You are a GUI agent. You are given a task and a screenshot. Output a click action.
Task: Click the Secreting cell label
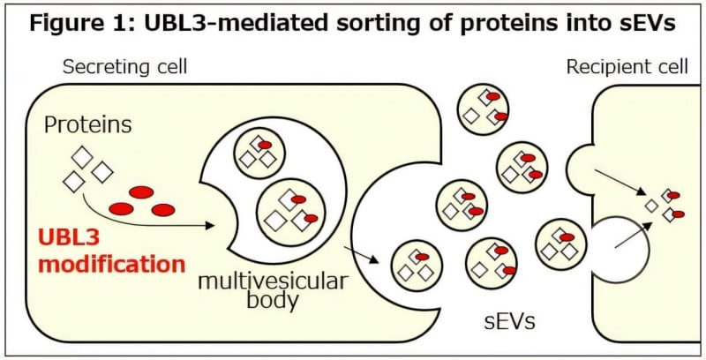(124, 67)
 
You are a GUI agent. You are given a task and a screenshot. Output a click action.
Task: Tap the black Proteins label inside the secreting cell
(88, 124)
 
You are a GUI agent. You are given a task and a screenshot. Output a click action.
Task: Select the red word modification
(112, 263)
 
